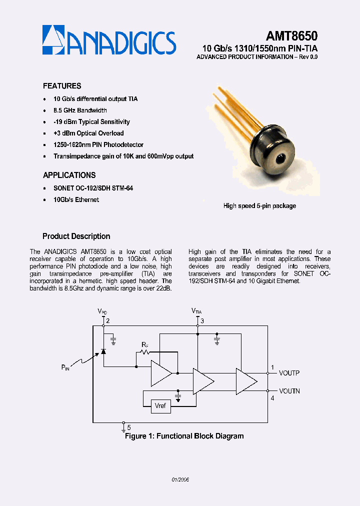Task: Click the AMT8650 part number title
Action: click(x=292, y=36)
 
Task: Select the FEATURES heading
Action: click(x=62, y=86)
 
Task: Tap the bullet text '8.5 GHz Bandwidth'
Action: click(x=80, y=110)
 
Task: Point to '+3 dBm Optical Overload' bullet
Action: click(x=88, y=133)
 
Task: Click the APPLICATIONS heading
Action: click(x=69, y=175)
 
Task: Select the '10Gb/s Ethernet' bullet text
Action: click(x=76, y=199)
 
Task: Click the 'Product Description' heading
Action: click(x=76, y=236)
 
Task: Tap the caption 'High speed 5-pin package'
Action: click(x=259, y=205)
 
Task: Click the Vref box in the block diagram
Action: click(x=160, y=406)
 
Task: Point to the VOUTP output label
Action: click(x=289, y=373)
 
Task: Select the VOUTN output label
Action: click(x=289, y=391)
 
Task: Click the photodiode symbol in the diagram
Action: click(x=103, y=351)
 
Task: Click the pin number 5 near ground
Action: click(x=128, y=427)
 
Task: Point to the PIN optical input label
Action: click(x=65, y=367)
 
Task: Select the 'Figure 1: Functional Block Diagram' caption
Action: click(x=184, y=436)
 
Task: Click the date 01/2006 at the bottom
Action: click(x=180, y=479)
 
